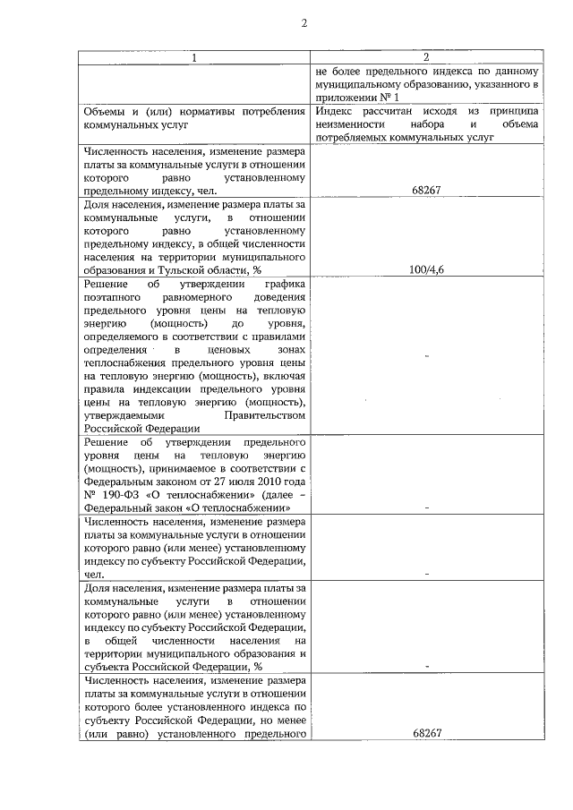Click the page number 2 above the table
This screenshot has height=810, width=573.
click(304, 23)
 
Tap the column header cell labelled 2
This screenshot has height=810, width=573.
click(426, 58)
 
